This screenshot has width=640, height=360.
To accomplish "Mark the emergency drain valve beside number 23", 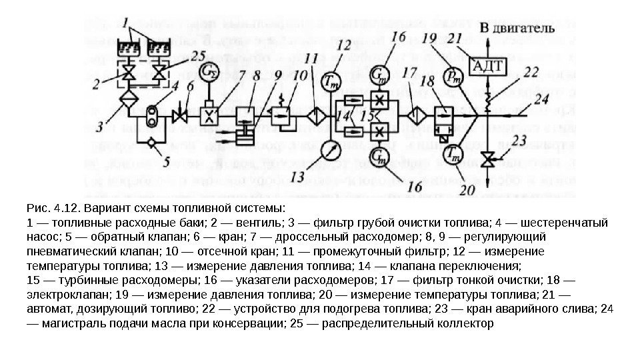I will tap(490, 159).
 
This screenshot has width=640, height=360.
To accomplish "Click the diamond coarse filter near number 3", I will tap(125, 101).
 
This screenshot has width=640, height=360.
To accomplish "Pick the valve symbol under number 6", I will tap(179, 115).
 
